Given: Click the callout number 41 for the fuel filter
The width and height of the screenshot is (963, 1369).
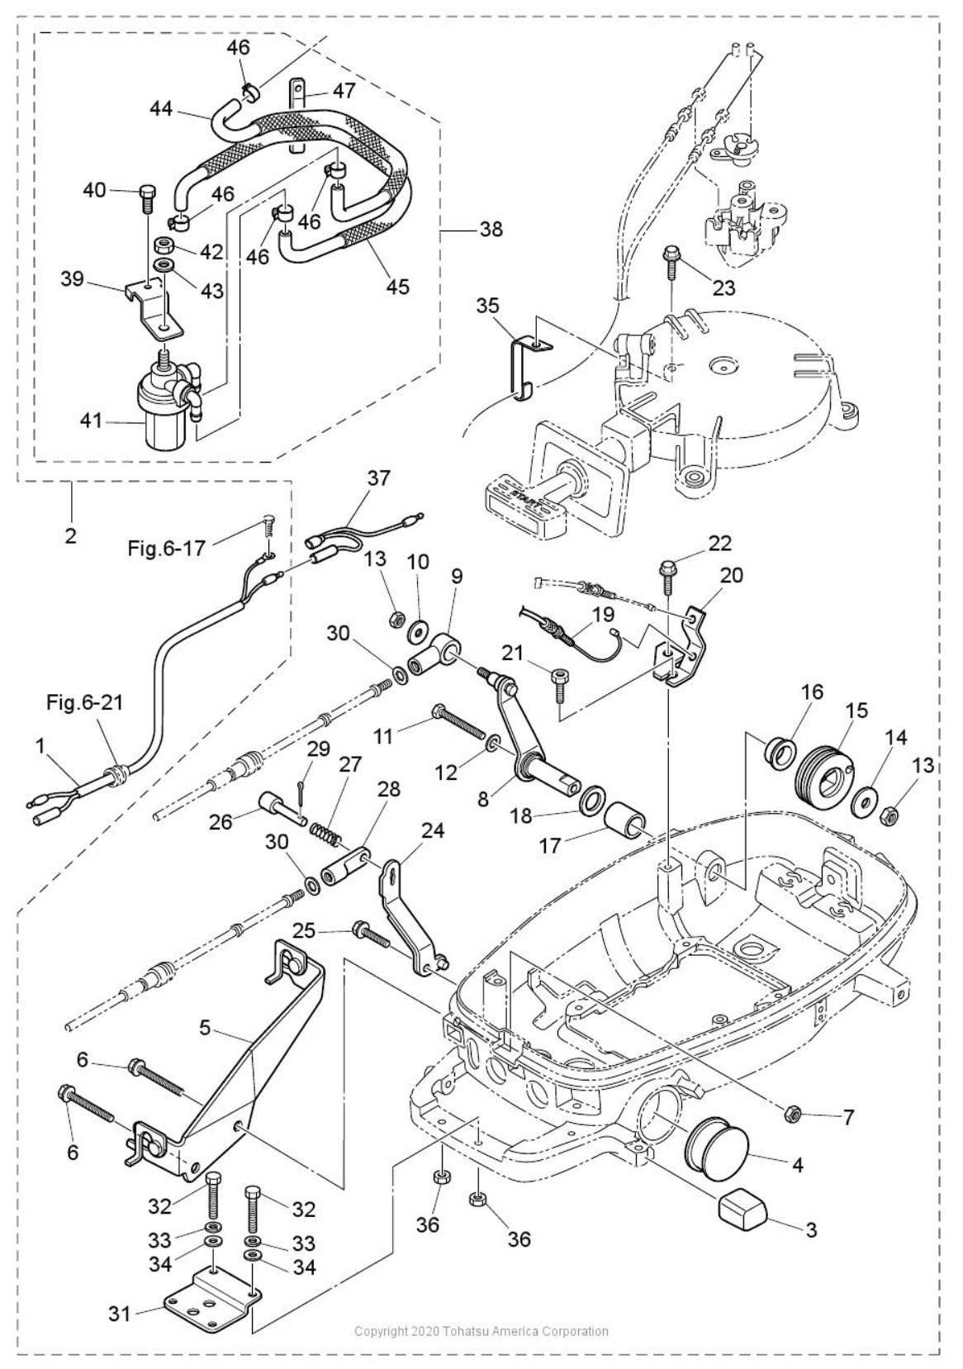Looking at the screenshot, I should [92, 421].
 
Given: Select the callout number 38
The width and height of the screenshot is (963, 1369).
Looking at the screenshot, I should [491, 229].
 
